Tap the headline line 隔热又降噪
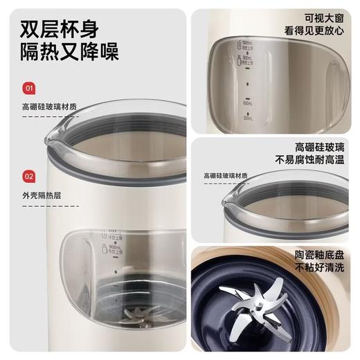tap(69, 53)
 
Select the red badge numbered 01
tap(29, 88)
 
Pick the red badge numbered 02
tap(29, 176)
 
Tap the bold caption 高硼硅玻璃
tap(319, 146)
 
